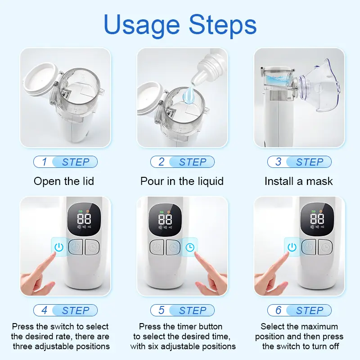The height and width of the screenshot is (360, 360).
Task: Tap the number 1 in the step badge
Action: [x=45, y=162]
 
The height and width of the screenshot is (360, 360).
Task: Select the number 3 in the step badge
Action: [x=278, y=162]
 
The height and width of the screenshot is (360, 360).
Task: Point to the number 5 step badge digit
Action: [x=162, y=310]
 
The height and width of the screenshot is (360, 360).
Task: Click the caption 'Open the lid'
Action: [x=64, y=181]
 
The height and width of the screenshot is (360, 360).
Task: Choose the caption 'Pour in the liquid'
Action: [x=182, y=181]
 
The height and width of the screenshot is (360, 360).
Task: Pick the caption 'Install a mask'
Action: [x=298, y=181]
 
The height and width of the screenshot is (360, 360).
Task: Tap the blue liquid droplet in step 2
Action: [x=189, y=94]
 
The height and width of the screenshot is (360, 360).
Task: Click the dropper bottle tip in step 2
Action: [x=195, y=81]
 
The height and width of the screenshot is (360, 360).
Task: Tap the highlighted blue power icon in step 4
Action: [x=59, y=247]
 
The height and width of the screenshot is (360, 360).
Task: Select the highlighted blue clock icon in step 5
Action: [x=190, y=247]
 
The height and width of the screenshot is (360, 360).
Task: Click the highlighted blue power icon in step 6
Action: [x=292, y=247]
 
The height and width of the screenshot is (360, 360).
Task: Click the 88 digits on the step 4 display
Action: [x=84, y=219]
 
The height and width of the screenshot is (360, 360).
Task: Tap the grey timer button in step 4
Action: [x=92, y=247]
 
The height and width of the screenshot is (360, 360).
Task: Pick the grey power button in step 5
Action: [x=157, y=247]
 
